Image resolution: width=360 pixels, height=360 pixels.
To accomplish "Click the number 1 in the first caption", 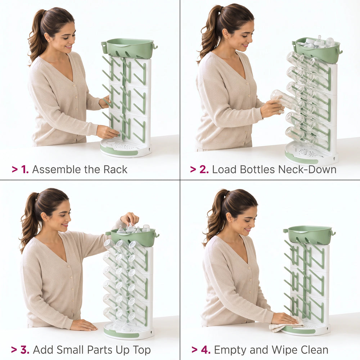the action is click(x=24, y=170).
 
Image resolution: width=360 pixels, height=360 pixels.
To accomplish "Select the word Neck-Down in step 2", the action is click(x=307, y=170).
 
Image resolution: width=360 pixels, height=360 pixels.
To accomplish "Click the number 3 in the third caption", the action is click(x=24, y=350).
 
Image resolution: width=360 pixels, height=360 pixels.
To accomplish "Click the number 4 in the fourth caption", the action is click(x=206, y=350).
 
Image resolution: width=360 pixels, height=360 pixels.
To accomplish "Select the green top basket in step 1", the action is click(x=129, y=48).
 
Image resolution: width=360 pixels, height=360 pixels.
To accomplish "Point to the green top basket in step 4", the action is click(x=309, y=235).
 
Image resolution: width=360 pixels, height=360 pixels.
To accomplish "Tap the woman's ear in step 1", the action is click(x=47, y=38).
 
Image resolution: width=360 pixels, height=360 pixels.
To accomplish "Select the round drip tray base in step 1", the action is click(x=125, y=148).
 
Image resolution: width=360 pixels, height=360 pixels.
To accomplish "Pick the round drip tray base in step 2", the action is click(x=311, y=152).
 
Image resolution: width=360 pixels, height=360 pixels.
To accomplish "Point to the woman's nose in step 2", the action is click(x=250, y=39).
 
